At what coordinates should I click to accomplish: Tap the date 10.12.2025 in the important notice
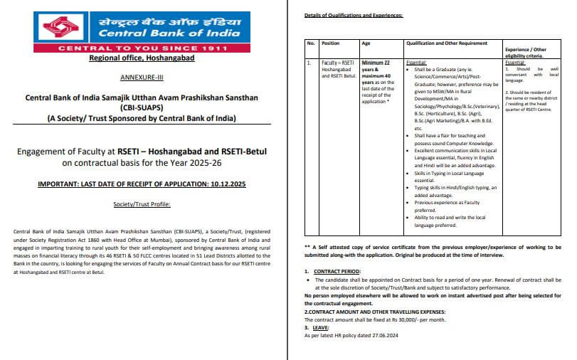tap(223, 185)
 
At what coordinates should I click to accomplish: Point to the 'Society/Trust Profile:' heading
tap(142, 204)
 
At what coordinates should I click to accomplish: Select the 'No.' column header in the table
tap(310, 43)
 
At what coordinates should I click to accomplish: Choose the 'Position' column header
tap(333, 43)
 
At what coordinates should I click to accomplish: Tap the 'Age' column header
tap(366, 43)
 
